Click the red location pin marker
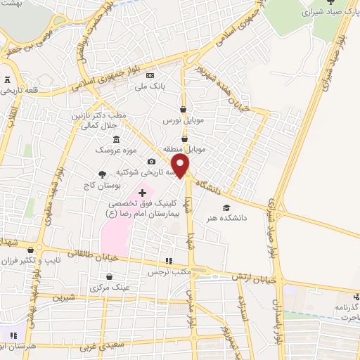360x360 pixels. [x=181, y=165]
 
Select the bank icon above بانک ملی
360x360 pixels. [x=149, y=75]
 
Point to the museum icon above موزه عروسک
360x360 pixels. [x=116, y=138]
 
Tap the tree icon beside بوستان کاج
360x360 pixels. [x=103, y=174]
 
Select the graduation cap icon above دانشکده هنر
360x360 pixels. [x=226, y=207]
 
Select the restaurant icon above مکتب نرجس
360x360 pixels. [x=167, y=260]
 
